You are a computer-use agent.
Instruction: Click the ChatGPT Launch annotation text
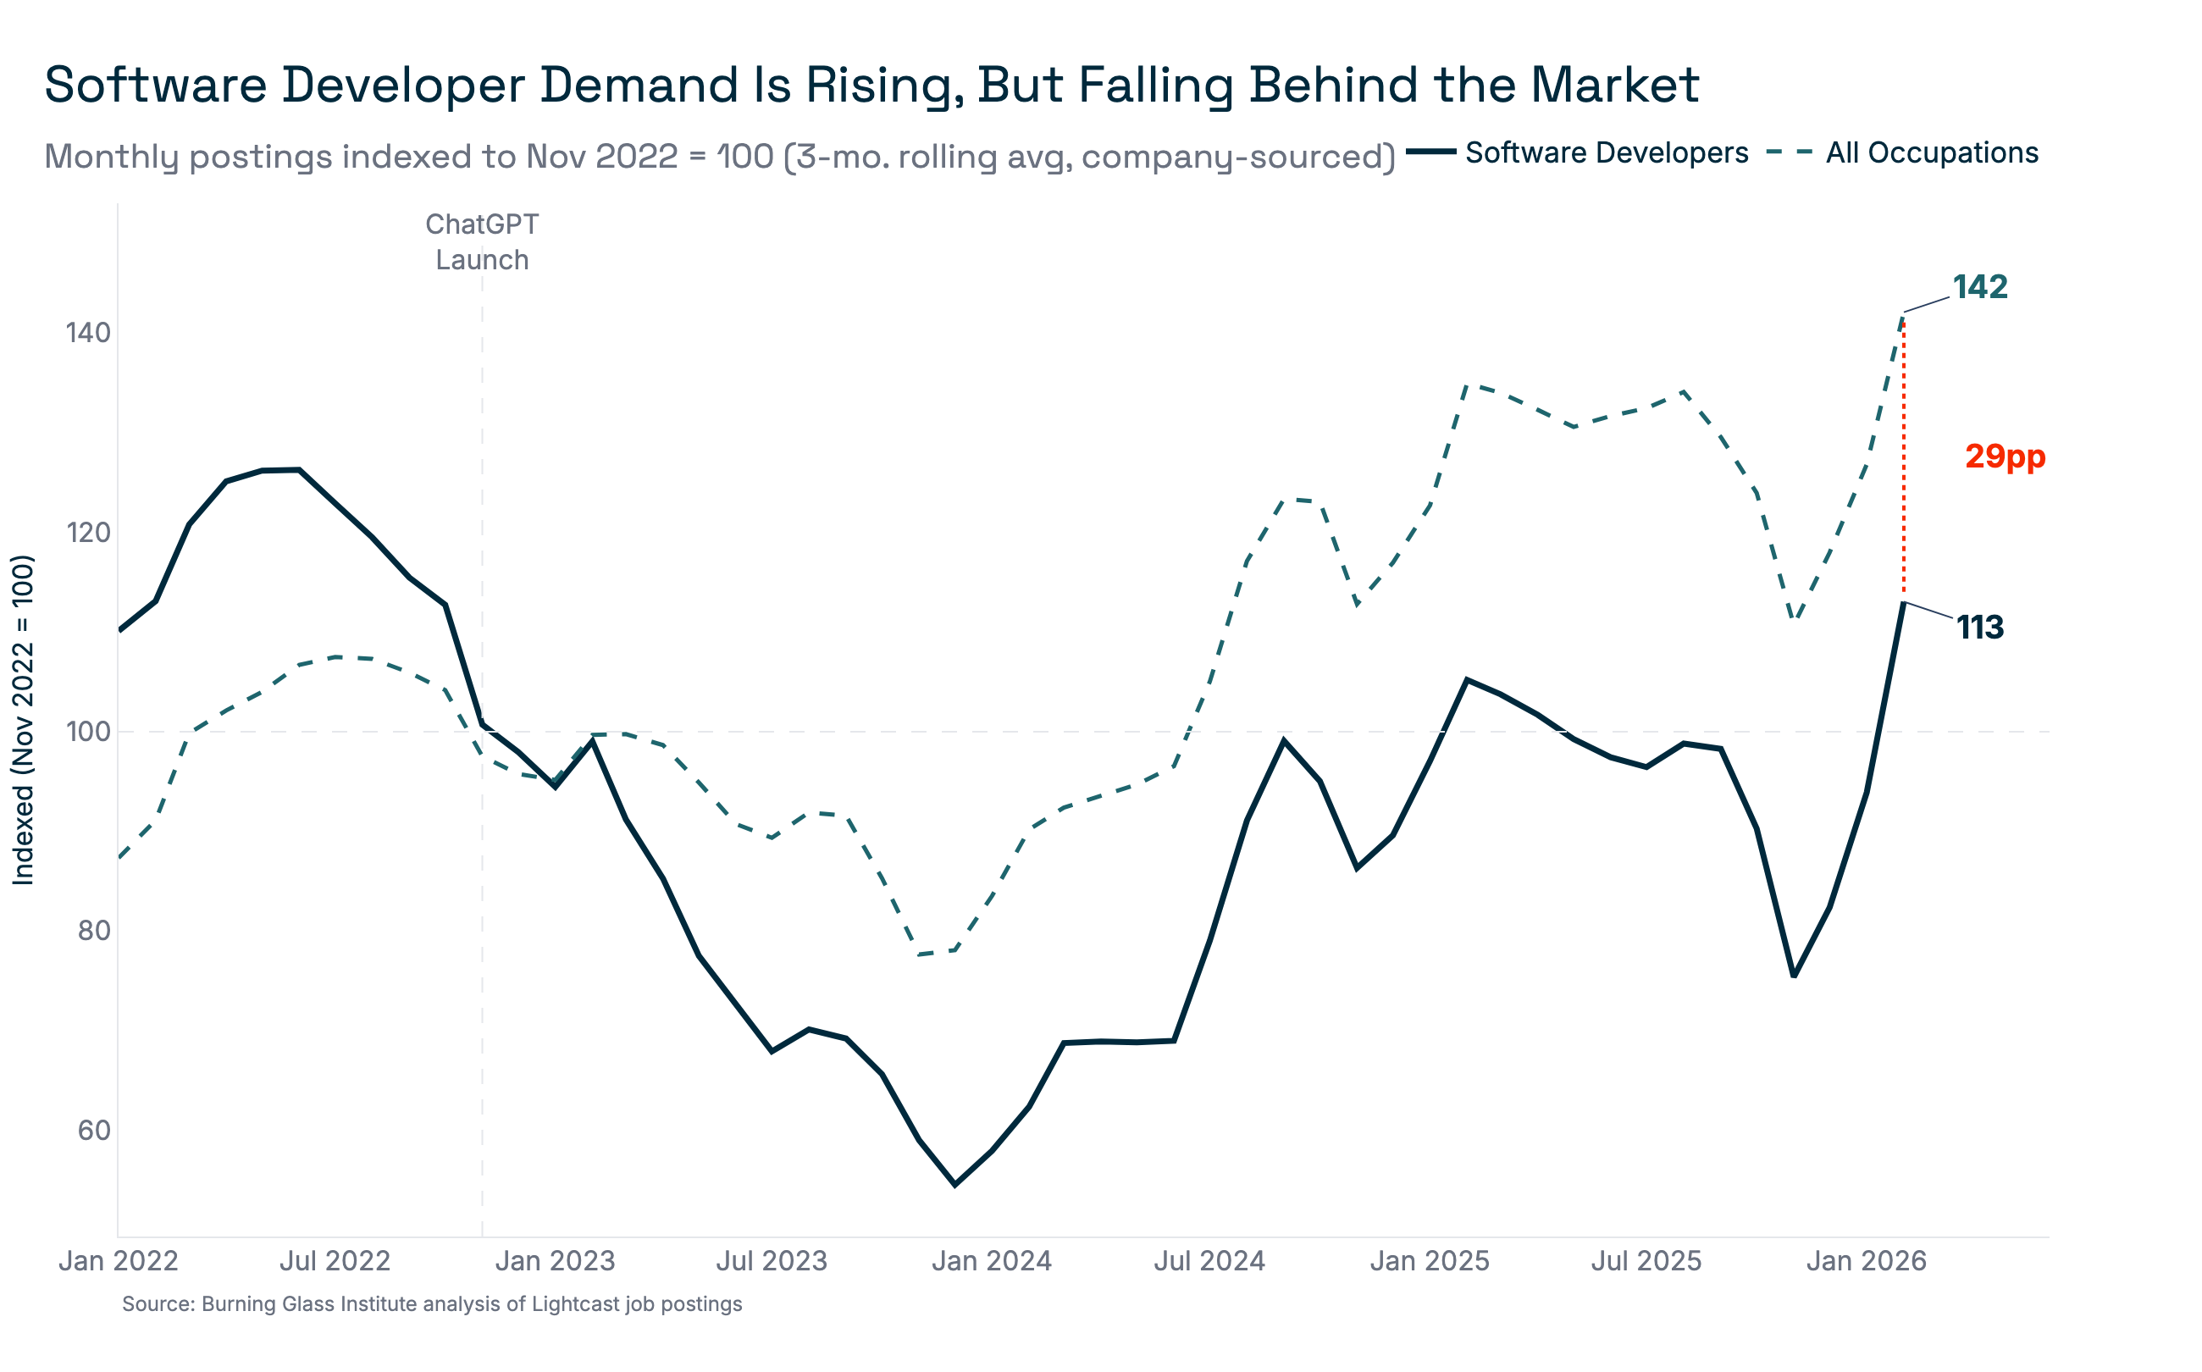pyautogui.click(x=482, y=242)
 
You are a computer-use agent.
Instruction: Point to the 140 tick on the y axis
pyautogui.click(x=88, y=333)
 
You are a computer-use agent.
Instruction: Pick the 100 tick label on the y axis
pyautogui.click(x=88, y=732)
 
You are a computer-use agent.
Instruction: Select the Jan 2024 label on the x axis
pyautogui.click(x=991, y=1261)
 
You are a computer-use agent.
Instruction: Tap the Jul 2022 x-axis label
pyautogui.click(x=334, y=1261)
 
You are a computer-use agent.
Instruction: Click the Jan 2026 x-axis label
pyautogui.click(x=1866, y=1261)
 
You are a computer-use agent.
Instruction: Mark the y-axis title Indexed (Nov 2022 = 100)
pyautogui.click(x=23, y=720)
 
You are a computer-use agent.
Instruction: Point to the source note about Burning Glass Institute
pyautogui.click(x=432, y=1305)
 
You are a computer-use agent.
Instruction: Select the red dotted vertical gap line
pyautogui.click(x=1904, y=454)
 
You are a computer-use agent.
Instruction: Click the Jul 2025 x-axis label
pyautogui.click(x=1646, y=1261)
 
